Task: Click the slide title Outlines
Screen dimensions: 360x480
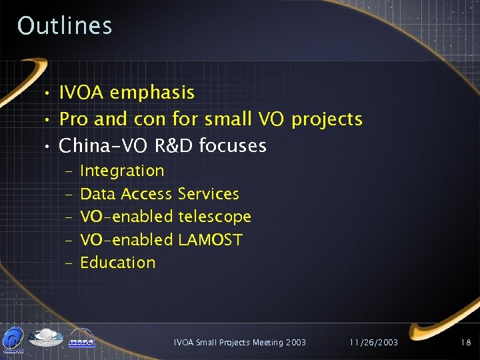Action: click(x=65, y=25)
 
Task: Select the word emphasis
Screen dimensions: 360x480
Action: click(x=152, y=93)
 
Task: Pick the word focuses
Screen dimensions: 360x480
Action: click(x=233, y=145)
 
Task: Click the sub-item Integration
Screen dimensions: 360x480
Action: click(x=122, y=171)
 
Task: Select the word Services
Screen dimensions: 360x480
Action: click(x=208, y=194)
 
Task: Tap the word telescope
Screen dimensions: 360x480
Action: click(x=215, y=217)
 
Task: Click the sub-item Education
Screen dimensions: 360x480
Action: click(x=117, y=263)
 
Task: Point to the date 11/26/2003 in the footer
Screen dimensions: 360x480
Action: click(x=373, y=343)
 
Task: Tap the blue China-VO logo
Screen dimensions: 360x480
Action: click(x=13, y=338)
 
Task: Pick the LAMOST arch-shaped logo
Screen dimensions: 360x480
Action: click(x=81, y=339)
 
